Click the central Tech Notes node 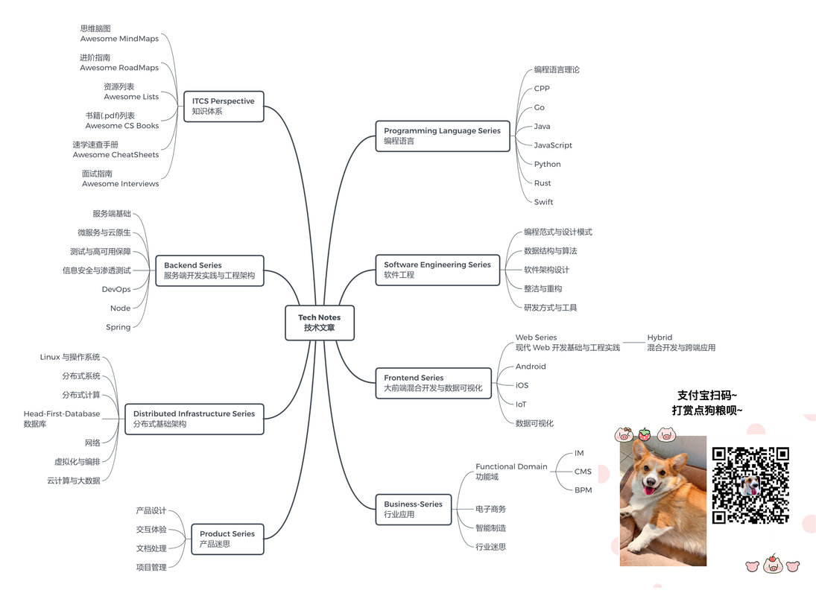pos(319,323)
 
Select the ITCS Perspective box pos(224,107)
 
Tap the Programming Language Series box pos(442,136)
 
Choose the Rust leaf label pos(543,183)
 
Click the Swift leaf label pos(543,202)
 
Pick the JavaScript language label pos(553,145)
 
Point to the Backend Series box pos(209,270)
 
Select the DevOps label pos(116,289)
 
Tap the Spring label pos(118,327)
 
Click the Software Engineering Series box pos(437,270)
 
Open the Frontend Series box pos(433,383)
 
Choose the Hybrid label pos(660,337)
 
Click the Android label pos(531,367)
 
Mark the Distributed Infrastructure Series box pos(194,419)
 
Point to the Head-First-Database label pos(61,413)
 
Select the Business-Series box pos(413,509)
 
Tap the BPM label pos(583,490)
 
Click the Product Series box pos(227,539)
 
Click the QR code pos(750,485)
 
